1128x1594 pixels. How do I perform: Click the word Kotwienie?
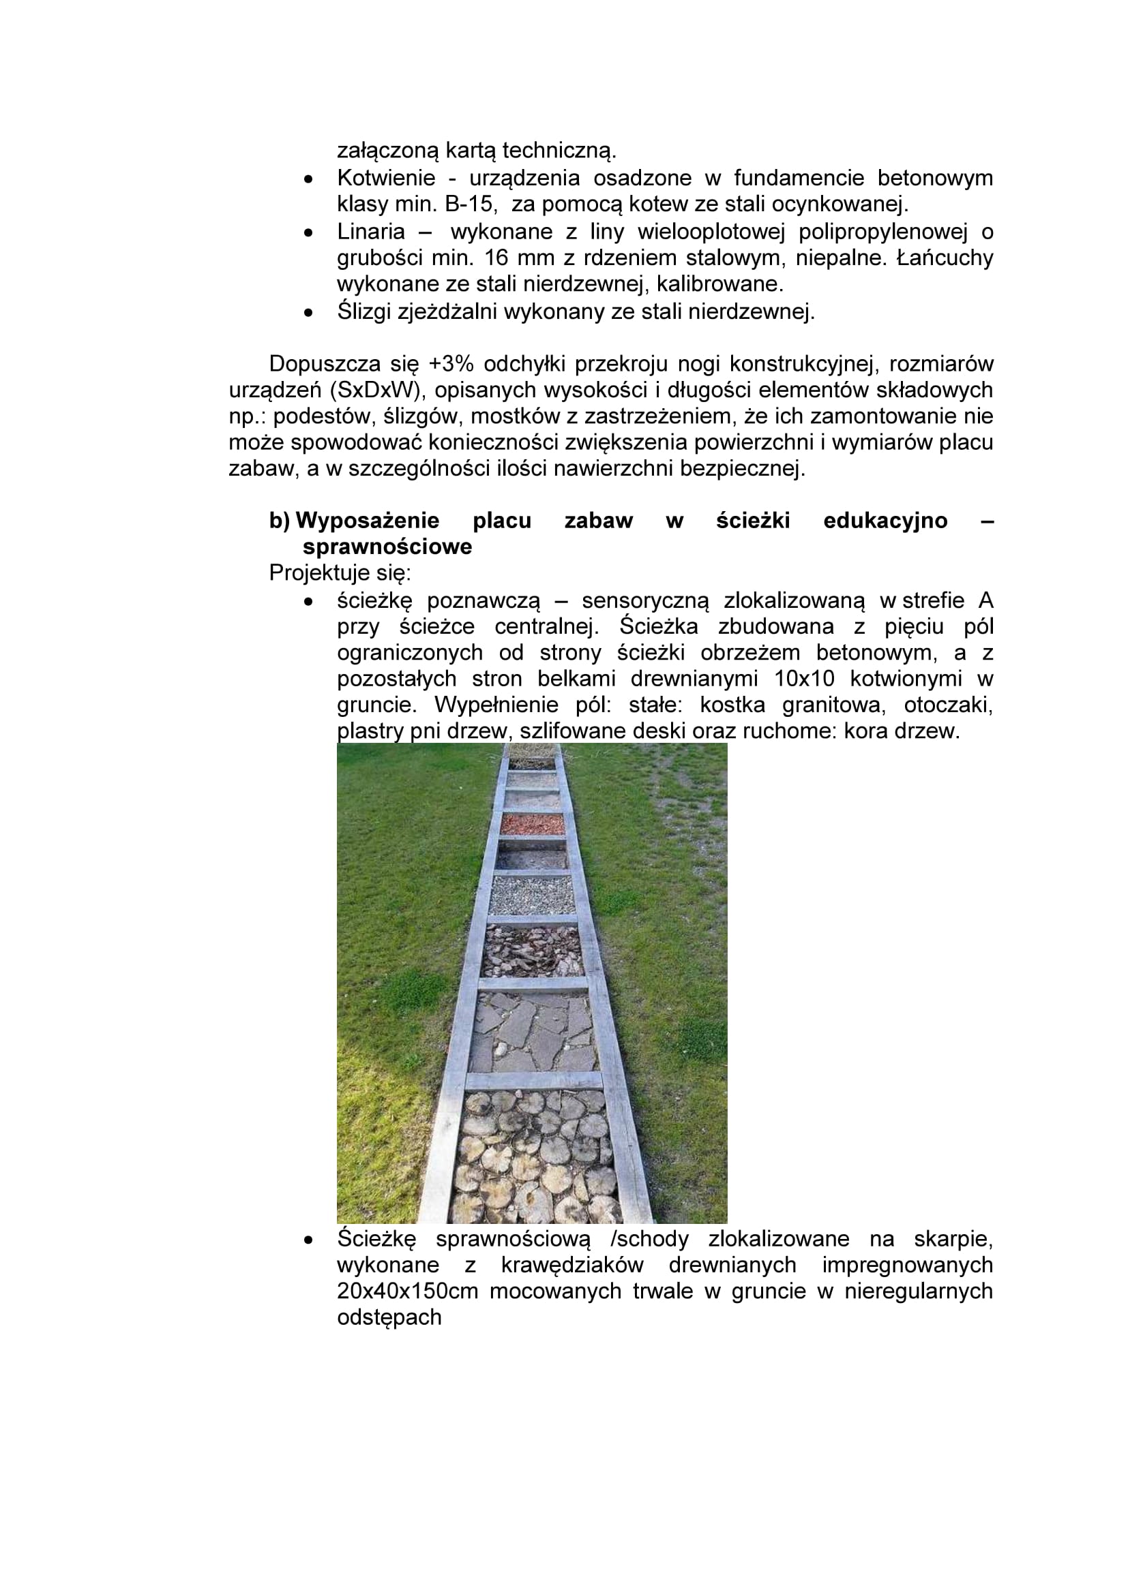point(385,179)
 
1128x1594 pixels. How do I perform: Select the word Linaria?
point(371,231)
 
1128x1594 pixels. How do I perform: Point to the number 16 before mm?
point(496,258)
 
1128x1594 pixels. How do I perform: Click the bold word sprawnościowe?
point(387,547)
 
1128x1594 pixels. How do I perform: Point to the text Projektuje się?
point(340,573)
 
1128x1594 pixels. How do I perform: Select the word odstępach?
point(389,1318)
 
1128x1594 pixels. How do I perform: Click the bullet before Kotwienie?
point(308,179)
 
